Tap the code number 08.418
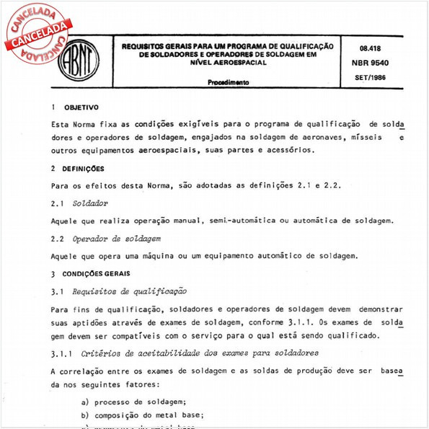pyautogui.click(x=370, y=49)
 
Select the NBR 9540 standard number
pyautogui.click(x=371, y=64)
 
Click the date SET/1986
pyautogui.click(x=371, y=77)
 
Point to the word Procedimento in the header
pyautogui.click(x=229, y=83)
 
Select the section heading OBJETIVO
pyautogui.click(x=81, y=107)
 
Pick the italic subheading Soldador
pyautogui.click(x=91, y=204)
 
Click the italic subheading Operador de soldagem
pyautogui.click(x=116, y=238)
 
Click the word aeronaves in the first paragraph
pyautogui.click(x=328, y=137)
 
